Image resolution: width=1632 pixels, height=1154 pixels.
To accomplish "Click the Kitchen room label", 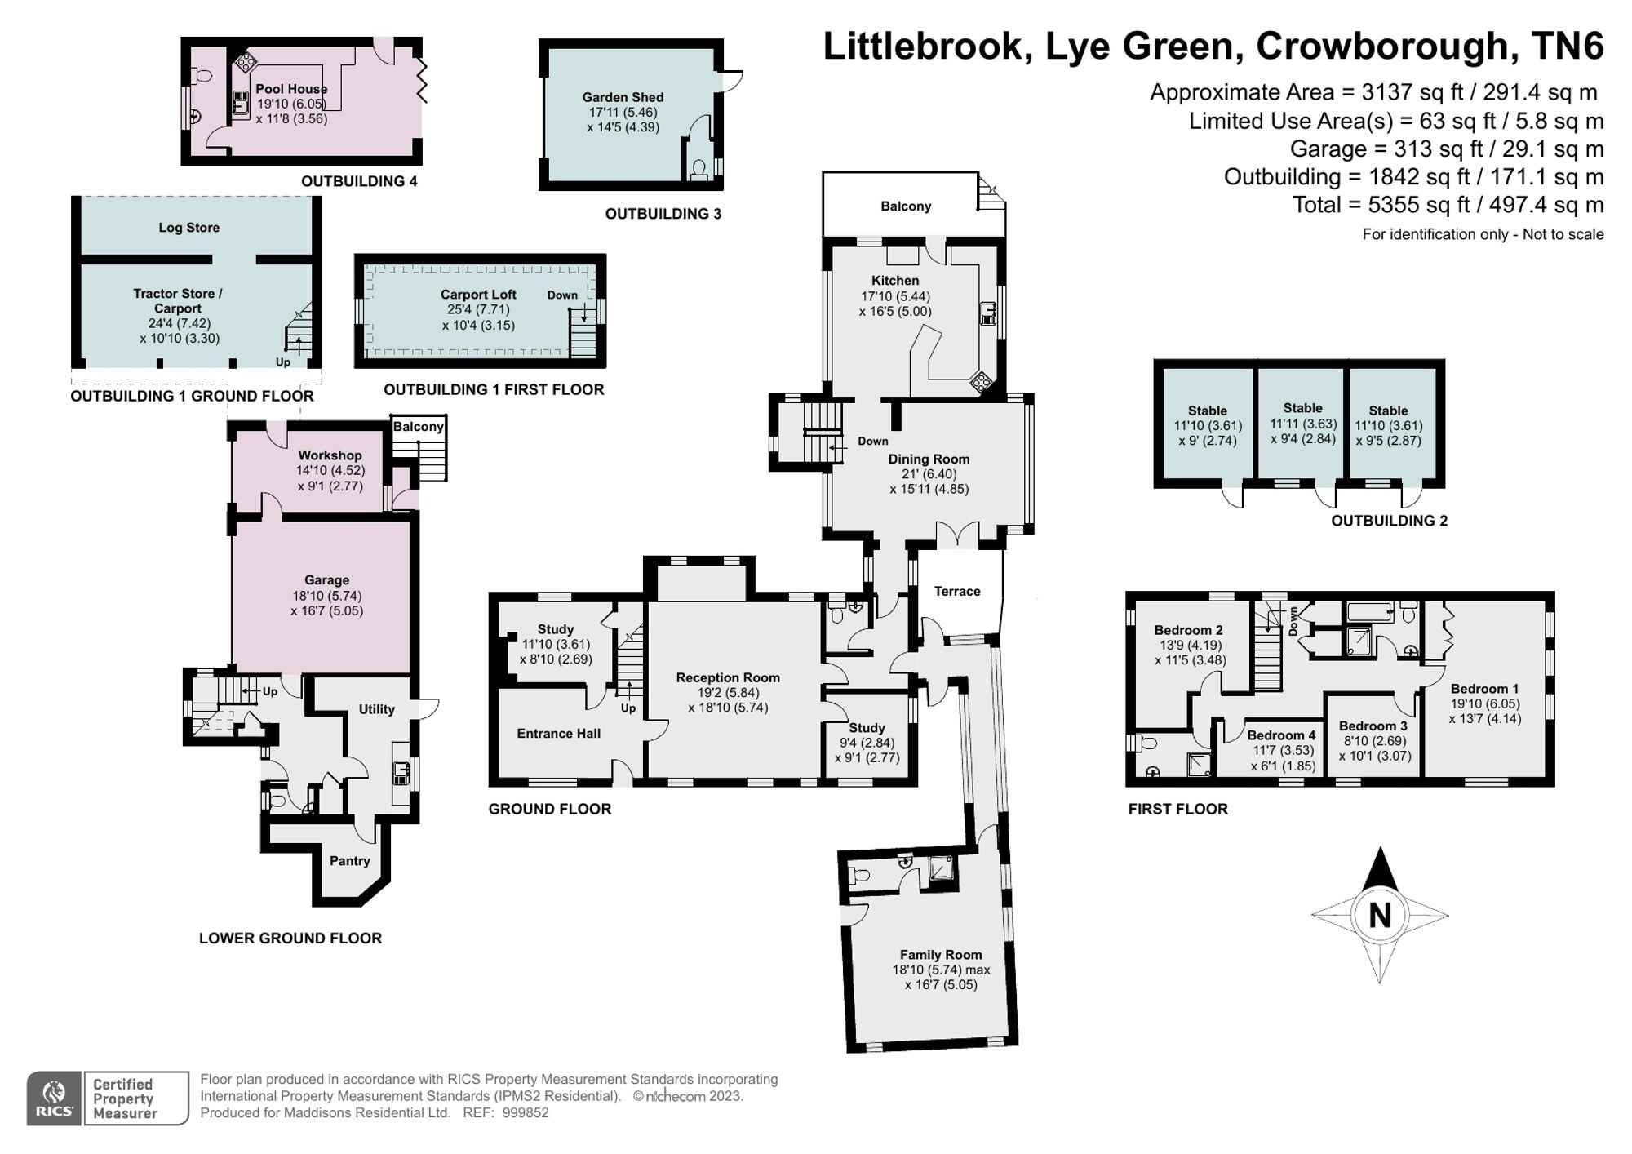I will pos(894,280).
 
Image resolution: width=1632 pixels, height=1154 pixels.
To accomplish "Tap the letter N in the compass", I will pos(1379,915).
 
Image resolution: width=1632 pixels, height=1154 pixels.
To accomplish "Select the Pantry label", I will pos(349,860).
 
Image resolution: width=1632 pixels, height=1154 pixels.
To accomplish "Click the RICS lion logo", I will pos(54,1098).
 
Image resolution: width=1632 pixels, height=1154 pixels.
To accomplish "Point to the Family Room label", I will pos(940,954).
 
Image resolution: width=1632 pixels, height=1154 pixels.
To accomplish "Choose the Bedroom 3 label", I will pos(1373,726).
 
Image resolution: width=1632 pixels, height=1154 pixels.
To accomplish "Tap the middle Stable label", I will pos(1302,407).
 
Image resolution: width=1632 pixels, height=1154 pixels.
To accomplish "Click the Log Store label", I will pos(188,228).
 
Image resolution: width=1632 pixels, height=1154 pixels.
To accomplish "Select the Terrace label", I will pos(956,591).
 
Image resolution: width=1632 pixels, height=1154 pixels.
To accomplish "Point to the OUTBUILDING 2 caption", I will pos(1389,521).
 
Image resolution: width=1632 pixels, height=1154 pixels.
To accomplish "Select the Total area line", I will pos(1448,204).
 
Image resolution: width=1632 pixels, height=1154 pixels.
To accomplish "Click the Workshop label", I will pos(330,455).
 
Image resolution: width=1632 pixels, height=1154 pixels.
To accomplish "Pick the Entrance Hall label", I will pos(558,733).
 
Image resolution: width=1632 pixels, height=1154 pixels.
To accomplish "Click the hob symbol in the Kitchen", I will pos(980,380).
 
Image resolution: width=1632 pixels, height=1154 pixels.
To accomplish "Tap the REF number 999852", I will pos(526,1112).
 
